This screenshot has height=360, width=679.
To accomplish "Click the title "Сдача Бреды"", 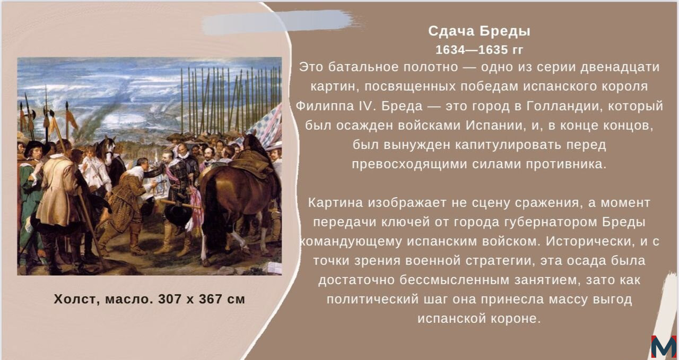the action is (x=479, y=31).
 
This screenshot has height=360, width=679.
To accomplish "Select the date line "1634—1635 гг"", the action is (x=479, y=50).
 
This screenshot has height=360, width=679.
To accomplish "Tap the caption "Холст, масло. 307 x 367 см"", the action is (x=149, y=299).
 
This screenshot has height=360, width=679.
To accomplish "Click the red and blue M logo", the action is (x=664, y=346).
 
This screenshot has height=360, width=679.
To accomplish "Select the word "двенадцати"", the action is (x=620, y=67).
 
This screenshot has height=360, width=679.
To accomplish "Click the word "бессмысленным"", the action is (x=454, y=280).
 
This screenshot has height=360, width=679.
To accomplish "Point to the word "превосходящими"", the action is (x=406, y=164).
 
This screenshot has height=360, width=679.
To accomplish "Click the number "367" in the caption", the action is (x=211, y=299).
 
